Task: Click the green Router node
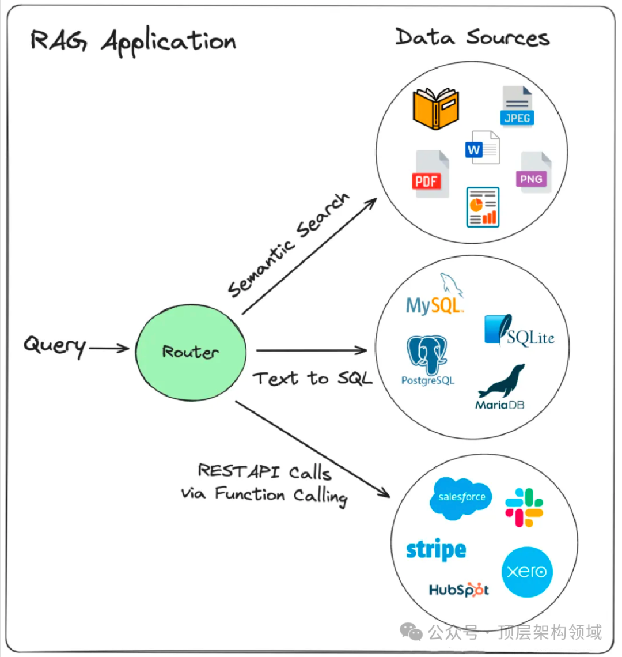pyautogui.click(x=191, y=352)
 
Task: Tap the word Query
pyautogui.click(x=55, y=346)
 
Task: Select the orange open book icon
pyautogui.click(x=435, y=108)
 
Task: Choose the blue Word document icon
pyautogui.click(x=483, y=148)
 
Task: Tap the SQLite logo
pyautogui.click(x=519, y=330)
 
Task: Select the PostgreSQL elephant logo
pyautogui.click(x=428, y=360)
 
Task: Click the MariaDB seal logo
pyautogui.click(x=501, y=387)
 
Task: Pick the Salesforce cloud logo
pyautogui.click(x=461, y=498)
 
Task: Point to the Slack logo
pyautogui.click(x=524, y=507)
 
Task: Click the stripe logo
pyautogui.click(x=436, y=550)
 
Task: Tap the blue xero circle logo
pyautogui.click(x=527, y=572)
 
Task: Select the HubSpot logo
pyautogui.click(x=458, y=590)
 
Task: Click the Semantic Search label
pyautogui.click(x=288, y=245)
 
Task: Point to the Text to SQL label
pyautogui.click(x=313, y=378)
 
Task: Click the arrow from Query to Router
pyautogui.click(x=109, y=348)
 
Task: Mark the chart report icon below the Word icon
pyautogui.click(x=483, y=207)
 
